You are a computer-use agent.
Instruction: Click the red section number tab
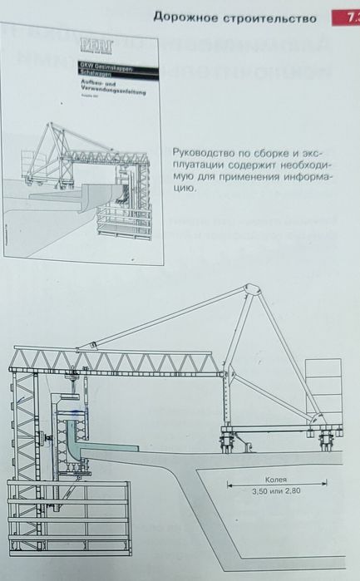click(348, 17)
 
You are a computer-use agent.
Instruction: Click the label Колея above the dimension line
click(276, 479)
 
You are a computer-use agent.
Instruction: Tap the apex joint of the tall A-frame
click(251, 291)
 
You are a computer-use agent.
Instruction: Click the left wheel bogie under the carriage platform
click(228, 438)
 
